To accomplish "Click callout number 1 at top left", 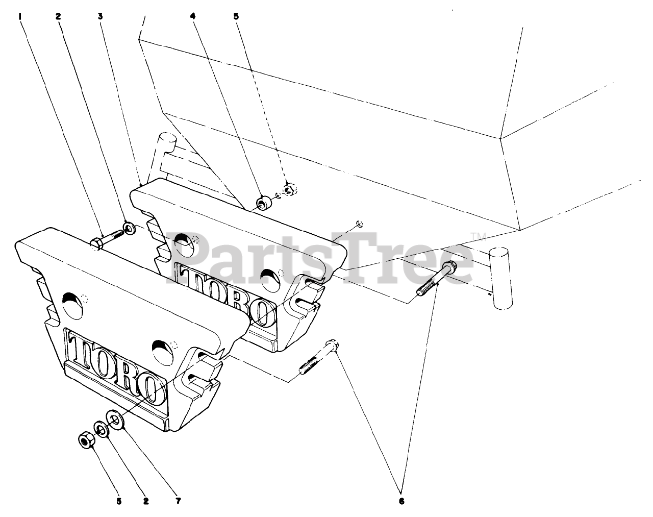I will point(20,16).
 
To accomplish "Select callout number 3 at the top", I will point(101,16).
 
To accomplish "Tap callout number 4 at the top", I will point(192,16).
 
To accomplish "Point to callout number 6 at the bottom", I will point(401,501).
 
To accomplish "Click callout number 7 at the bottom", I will point(178,501).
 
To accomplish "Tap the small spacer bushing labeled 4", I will point(264,203).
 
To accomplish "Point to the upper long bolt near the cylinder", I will point(436,280).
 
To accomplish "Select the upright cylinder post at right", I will point(500,278).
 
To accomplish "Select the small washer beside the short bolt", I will point(130,227).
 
